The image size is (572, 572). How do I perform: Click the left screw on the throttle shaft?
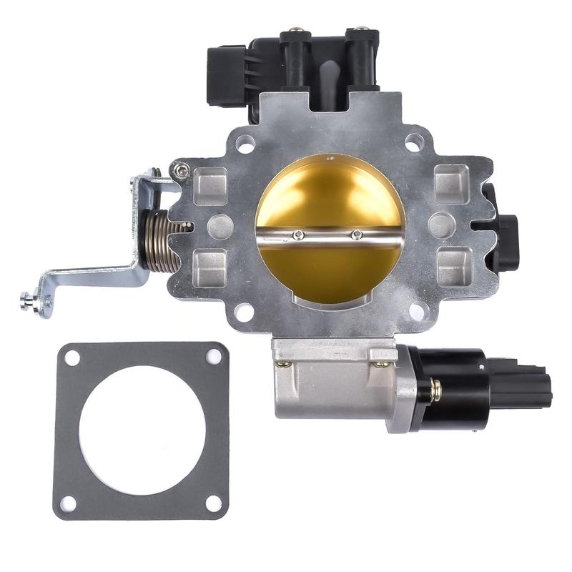pos(299,235)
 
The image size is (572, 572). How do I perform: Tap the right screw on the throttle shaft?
pos(355,234)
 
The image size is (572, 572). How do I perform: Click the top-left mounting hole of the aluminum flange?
pos(245,145)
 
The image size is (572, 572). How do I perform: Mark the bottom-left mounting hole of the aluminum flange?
pos(245,312)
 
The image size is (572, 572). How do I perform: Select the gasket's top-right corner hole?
pos(213,355)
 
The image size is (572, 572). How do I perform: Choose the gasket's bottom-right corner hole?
pos(213,502)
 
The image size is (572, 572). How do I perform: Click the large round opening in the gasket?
pos(142,429)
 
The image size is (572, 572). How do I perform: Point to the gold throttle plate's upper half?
pos(329,193)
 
